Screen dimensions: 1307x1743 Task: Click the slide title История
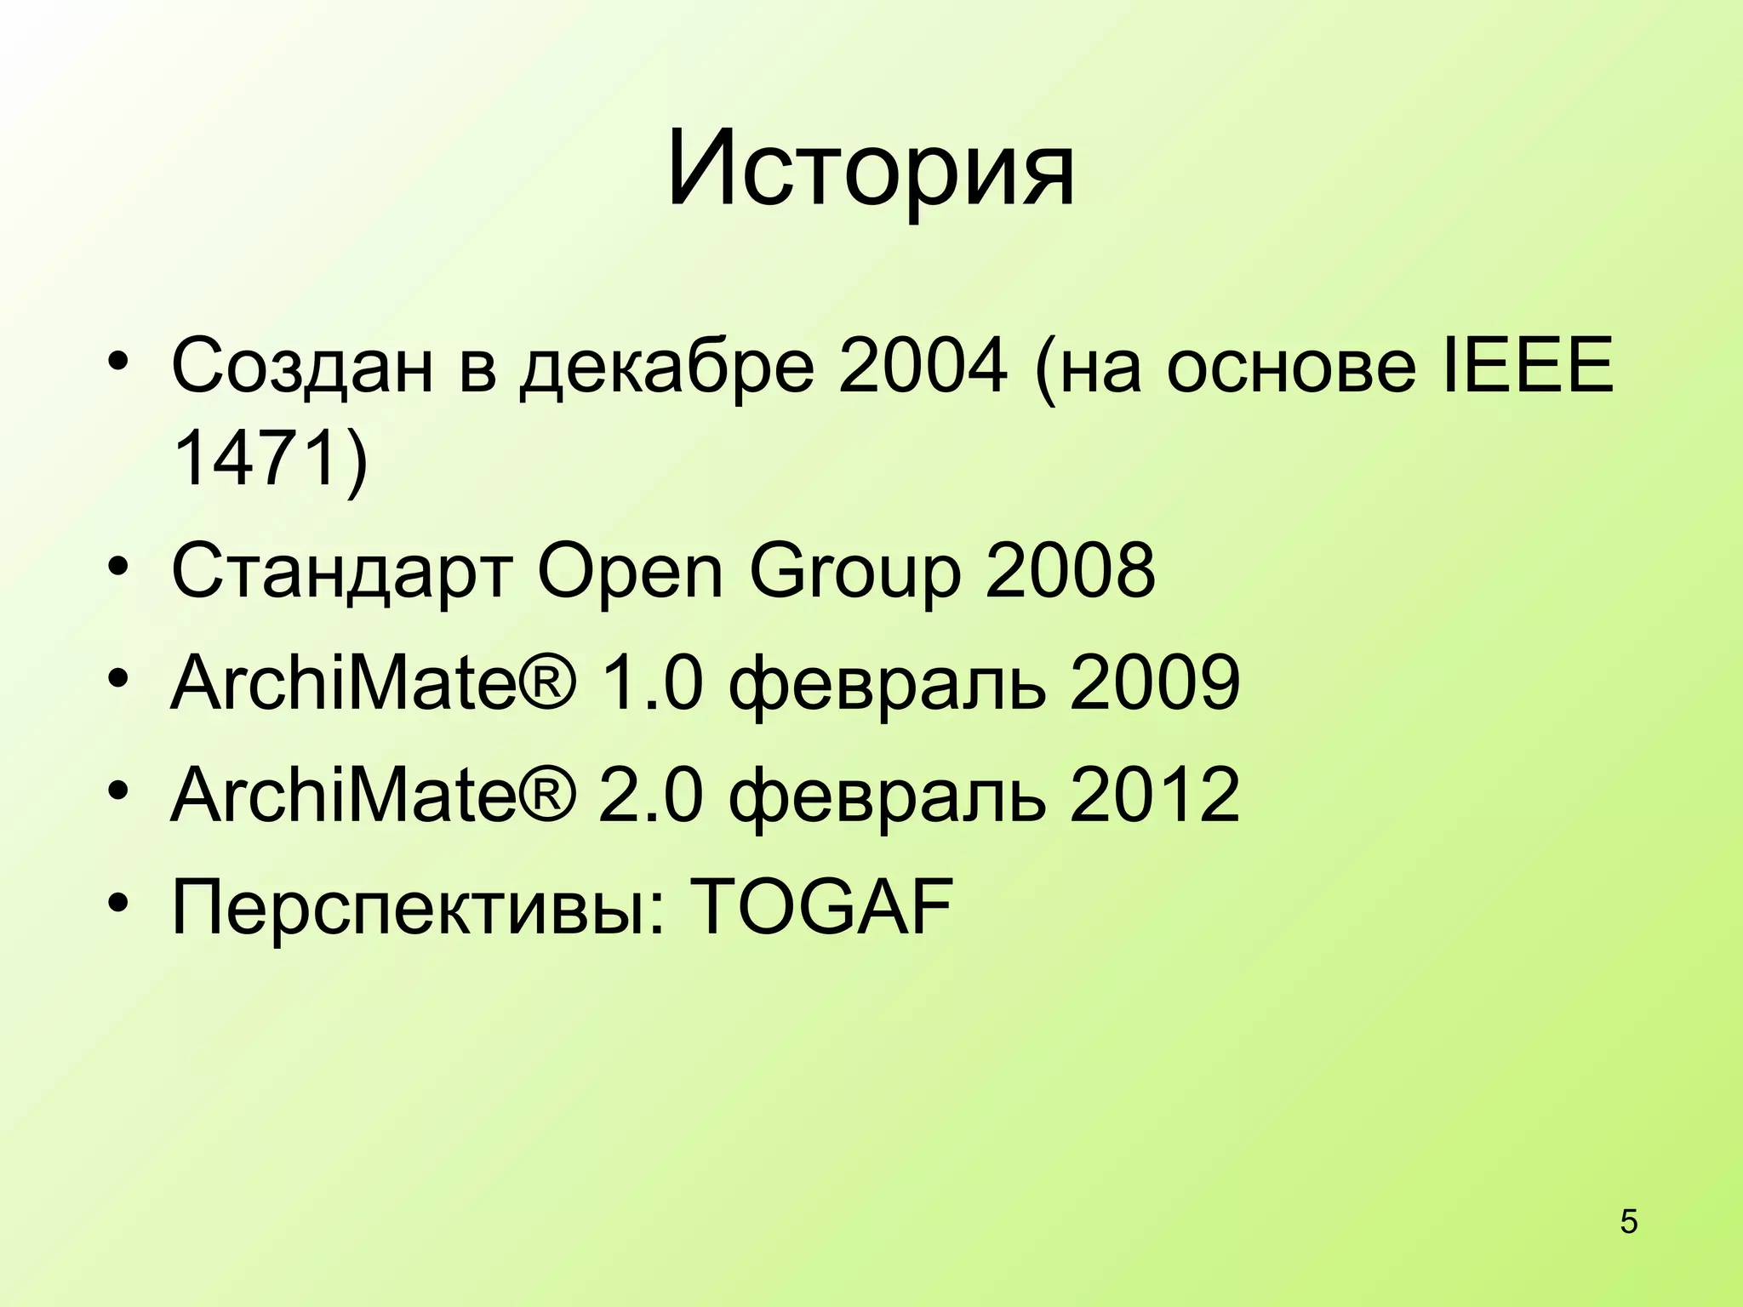pyautogui.click(x=871, y=168)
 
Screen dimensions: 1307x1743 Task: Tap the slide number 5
pyautogui.click(x=1629, y=1223)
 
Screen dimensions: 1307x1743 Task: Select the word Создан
pyautogui.click(x=302, y=366)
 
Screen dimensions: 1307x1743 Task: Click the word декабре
pyautogui.click(x=666, y=366)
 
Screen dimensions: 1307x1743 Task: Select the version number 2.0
pyautogui.click(x=652, y=796)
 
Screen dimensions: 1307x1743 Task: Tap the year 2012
pyautogui.click(x=1155, y=796)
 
